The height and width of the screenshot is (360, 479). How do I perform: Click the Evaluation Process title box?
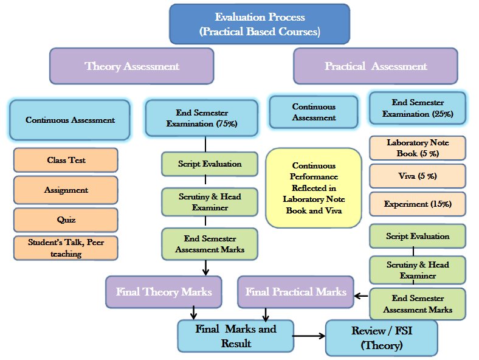click(260, 24)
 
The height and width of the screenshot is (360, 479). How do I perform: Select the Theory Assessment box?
click(131, 66)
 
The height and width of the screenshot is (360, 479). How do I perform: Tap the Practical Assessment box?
click(375, 66)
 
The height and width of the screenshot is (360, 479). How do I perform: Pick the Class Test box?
click(66, 161)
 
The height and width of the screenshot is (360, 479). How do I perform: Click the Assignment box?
click(66, 190)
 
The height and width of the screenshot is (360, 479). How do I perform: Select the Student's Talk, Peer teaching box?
click(66, 248)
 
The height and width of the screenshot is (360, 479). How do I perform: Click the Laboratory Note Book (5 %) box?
click(417, 148)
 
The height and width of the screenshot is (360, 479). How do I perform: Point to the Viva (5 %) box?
click(417, 176)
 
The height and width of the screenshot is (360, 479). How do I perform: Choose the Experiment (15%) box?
click(417, 204)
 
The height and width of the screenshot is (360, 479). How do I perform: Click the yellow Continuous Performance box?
click(314, 187)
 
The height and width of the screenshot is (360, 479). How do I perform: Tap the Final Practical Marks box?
click(295, 291)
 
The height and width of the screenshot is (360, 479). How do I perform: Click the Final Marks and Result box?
click(235, 336)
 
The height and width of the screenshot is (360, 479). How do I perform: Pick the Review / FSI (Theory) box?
click(382, 337)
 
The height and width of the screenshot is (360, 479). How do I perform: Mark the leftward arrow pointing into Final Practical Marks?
click(361, 296)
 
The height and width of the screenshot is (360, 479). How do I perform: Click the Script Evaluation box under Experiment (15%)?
click(417, 236)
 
